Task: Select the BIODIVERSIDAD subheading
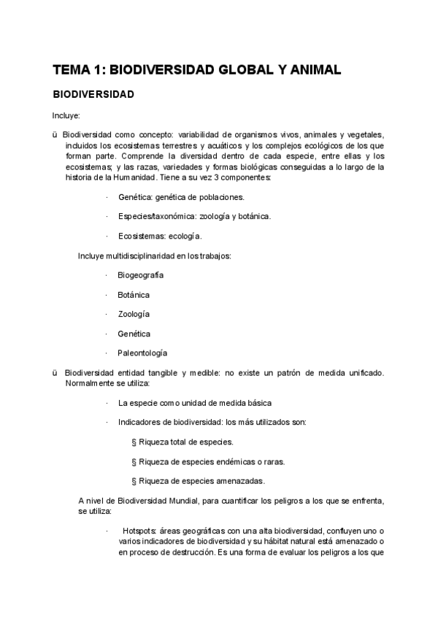click(x=92, y=95)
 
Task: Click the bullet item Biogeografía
click(x=140, y=275)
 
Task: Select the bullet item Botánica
click(x=134, y=295)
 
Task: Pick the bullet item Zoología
click(x=134, y=314)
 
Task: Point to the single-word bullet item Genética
click(x=134, y=334)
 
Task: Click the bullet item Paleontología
click(x=142, y=353)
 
